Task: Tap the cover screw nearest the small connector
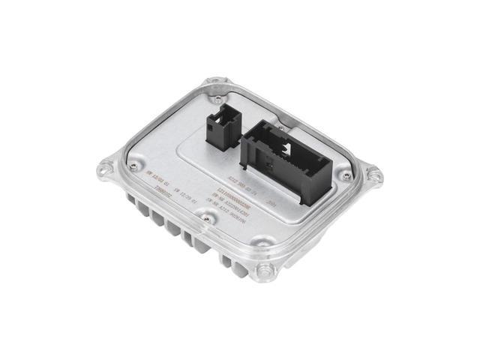pyautogui.click(x=218, y=97)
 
